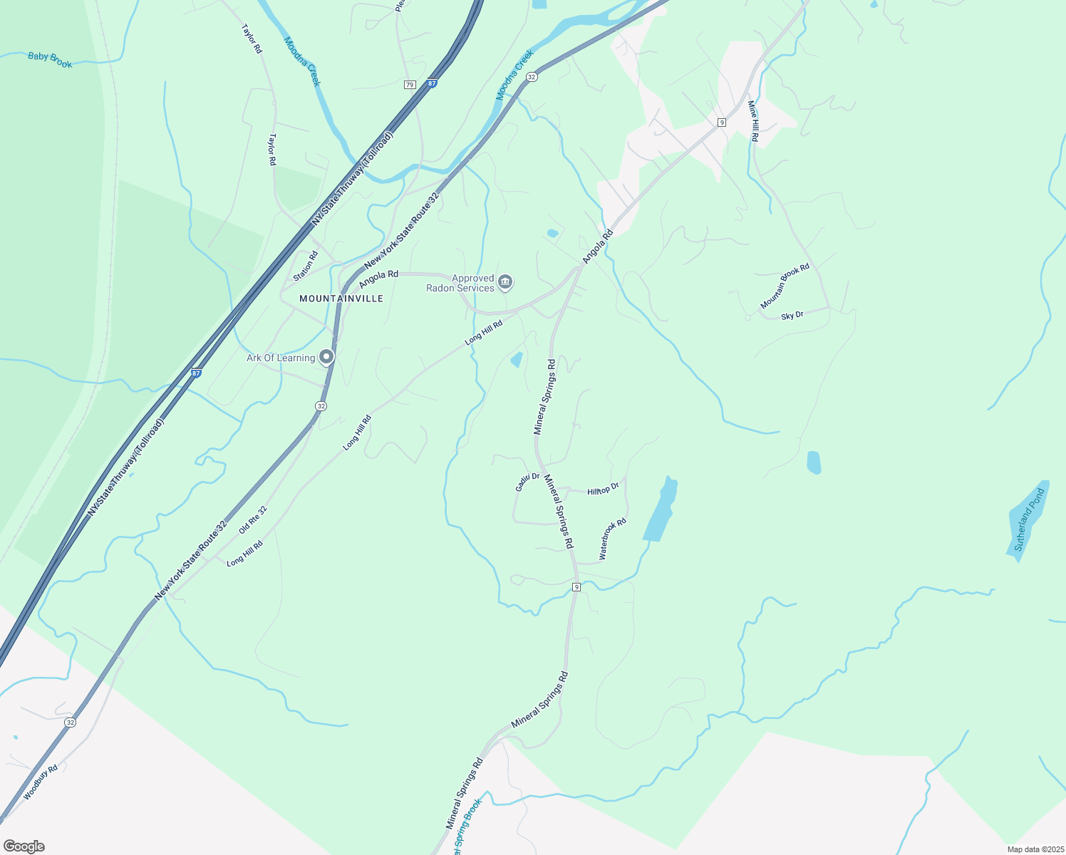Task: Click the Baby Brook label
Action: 50,60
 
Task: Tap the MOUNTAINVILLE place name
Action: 341,299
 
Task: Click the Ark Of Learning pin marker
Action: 326,356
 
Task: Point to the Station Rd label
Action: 306,266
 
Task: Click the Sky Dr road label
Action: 792,315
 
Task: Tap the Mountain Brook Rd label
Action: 785,286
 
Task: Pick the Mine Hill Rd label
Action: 752,120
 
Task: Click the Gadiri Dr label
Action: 527,482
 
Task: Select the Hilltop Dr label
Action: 603,489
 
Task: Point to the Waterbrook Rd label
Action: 612,538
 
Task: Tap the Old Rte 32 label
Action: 253,520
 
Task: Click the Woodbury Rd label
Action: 40,782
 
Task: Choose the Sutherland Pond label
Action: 1028,519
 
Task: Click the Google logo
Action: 24,846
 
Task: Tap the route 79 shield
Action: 409,85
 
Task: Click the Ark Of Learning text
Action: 281,358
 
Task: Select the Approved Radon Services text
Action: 460,283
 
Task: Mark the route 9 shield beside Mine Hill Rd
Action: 721,123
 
